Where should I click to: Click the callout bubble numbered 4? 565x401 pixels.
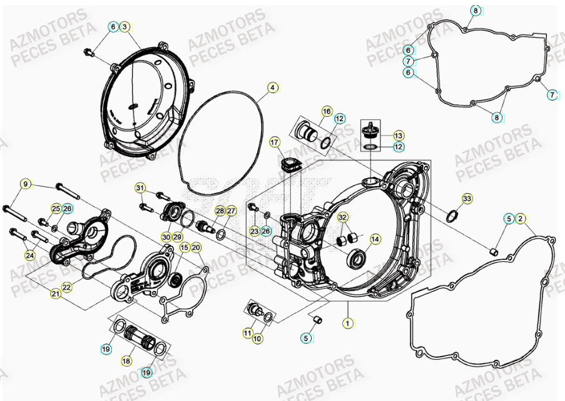[x=273, y=88]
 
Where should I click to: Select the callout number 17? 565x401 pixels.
[x=275, y=143]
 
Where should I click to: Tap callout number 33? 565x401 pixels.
[x=466, y=199]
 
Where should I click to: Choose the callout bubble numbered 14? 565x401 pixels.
[x=375, y=239]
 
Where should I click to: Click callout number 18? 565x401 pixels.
[x=126, y=361]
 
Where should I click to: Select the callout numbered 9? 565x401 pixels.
[x=26, y=184]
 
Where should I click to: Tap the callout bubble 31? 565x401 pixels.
[x=140, y=188]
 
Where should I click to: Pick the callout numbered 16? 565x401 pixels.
[x=327, y=111]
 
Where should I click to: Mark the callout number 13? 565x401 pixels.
[x=399, y=135]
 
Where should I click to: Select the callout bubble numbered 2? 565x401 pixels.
[x=521, y=219]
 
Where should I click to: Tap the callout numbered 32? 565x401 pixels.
[x=343, y=217]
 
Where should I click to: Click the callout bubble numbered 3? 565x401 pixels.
[x=125, y=27]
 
